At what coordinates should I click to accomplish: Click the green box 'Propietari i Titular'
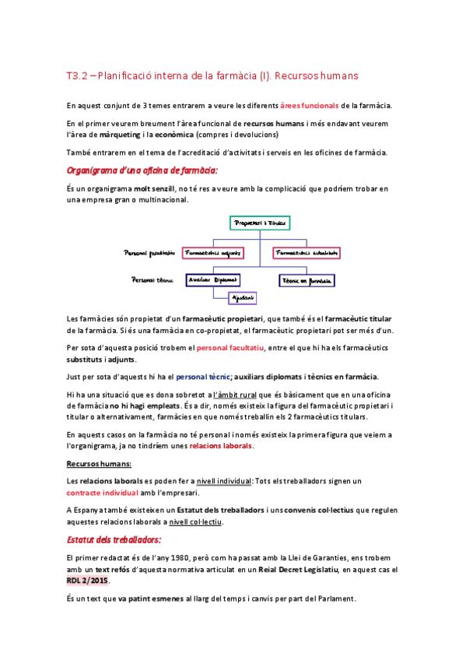[259, 223]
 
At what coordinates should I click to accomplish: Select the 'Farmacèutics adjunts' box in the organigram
[212, 253]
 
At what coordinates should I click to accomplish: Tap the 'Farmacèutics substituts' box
[306, 253]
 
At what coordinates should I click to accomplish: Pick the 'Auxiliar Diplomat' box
[212, 279]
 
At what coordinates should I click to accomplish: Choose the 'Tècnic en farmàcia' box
[307, 280]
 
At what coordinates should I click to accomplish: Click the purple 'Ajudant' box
[242, 298]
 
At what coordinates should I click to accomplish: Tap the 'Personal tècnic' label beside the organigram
[152, 279]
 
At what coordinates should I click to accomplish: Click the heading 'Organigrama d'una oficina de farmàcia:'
[142, 169]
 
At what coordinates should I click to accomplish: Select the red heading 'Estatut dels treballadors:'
[114, 539]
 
